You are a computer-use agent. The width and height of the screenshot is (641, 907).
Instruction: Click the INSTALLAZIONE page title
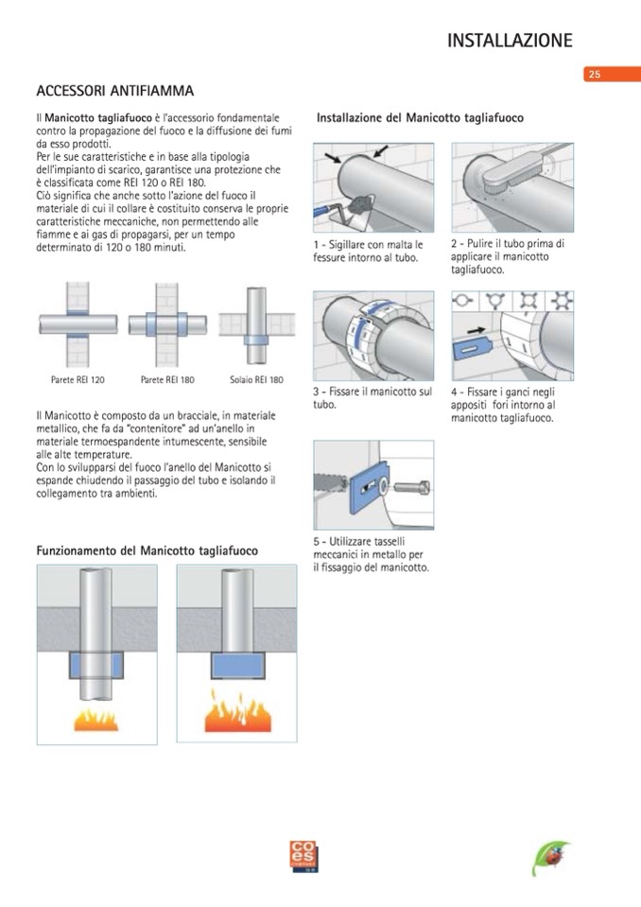[510, 40]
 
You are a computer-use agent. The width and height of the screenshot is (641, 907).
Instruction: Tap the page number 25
[594, 74]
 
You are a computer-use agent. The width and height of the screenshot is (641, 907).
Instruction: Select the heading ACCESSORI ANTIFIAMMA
[114, 91]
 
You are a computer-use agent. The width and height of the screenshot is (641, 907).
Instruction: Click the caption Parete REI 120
[78, 379]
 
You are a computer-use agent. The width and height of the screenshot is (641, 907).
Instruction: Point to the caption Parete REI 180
[167, 379]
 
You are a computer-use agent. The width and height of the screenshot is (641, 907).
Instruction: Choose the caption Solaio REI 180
[256, 379]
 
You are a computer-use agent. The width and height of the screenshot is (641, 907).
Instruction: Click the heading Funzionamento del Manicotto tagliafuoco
[147, 549]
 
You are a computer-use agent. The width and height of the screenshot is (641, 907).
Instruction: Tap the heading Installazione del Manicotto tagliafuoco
[420, 118]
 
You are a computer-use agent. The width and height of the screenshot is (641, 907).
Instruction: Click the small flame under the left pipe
[96, 719]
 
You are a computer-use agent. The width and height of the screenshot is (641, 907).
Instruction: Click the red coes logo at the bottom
[304, 856]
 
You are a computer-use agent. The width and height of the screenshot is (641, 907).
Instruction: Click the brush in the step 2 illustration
[495, 177]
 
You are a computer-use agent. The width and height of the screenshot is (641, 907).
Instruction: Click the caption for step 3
[372, 397]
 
